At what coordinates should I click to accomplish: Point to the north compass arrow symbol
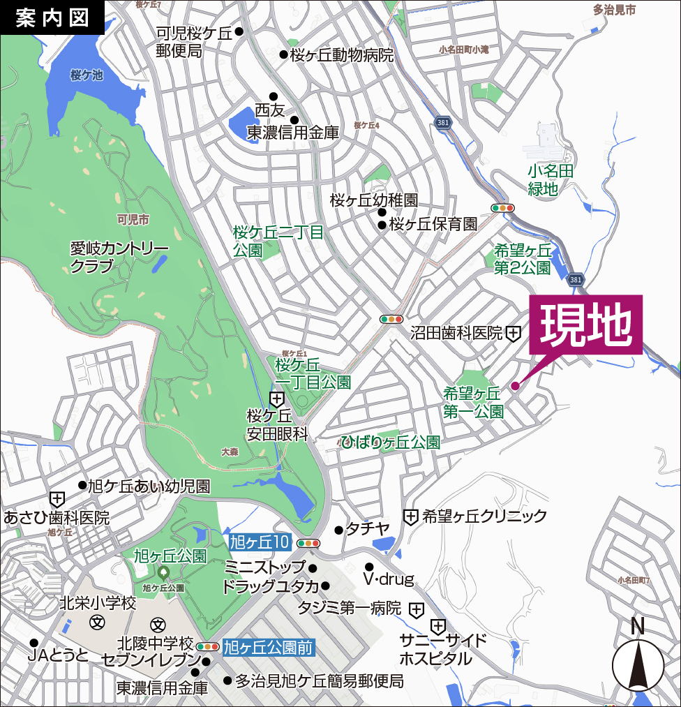point(638,664)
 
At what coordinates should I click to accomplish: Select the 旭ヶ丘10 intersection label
point(259,542)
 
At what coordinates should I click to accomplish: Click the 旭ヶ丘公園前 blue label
point(268,647)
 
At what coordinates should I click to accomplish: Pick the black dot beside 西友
point(274,96)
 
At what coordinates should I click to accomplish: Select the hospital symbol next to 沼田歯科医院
point(513,334)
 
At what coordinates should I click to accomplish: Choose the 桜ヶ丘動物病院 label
point(342,55)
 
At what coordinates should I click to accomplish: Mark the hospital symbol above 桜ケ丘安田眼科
point(277,400)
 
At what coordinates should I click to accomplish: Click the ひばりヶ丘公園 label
point(391,442)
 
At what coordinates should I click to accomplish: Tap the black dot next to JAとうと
point(33,643)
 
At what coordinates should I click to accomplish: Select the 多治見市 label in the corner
point(614,10)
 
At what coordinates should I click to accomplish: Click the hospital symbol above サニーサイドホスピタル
point(438,625)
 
